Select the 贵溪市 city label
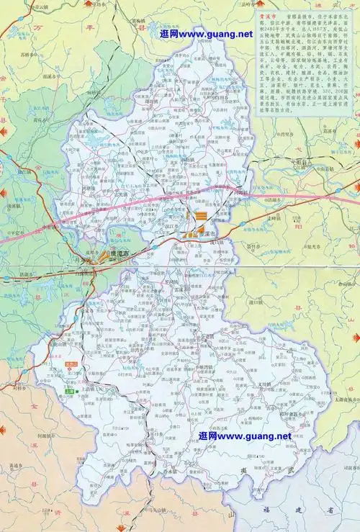pos(205,235)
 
